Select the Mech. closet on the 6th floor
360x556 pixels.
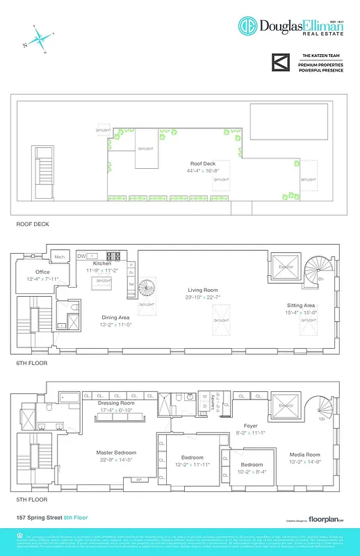click(x=60, y=257)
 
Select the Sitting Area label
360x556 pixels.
click(x=301, y=305)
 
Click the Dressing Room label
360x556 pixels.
click(x=116, y=402)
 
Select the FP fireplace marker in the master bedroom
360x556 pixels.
click(x=138, y=480)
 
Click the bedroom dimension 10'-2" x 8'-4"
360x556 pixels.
click(x=252, y=471)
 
